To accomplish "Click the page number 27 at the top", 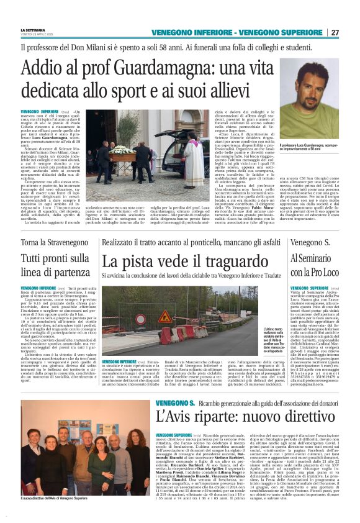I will pyautogui.click(x=335, y=32).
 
